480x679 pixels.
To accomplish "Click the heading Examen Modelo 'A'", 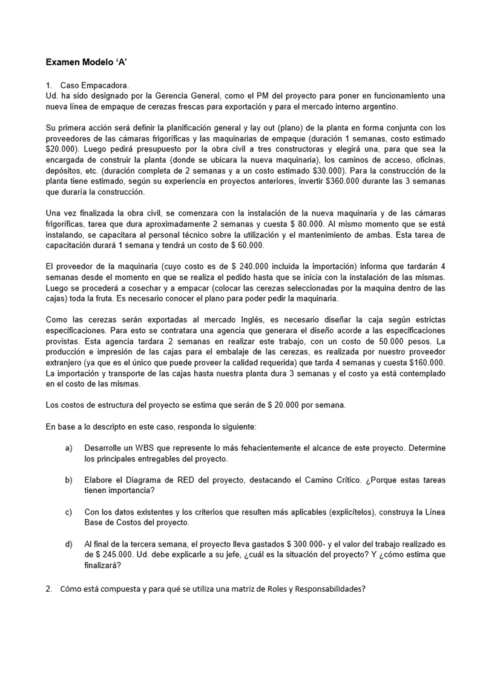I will (x=86, y=62).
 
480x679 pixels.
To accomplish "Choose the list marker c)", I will (x=69, y=512).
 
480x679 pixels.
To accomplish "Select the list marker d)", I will (x=69, y=544).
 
